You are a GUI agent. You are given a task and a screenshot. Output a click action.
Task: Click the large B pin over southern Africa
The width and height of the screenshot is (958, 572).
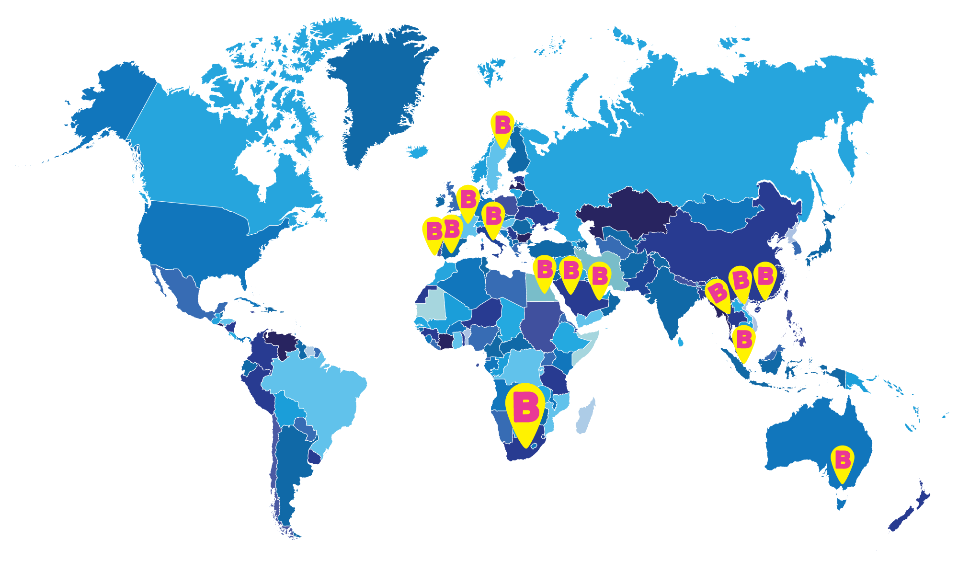click(x=525, y=410)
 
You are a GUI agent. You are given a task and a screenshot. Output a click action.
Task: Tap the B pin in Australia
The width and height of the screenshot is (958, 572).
click(x=843, y=461)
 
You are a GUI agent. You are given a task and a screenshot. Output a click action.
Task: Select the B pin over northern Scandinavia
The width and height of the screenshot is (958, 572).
click(x=502, y=126)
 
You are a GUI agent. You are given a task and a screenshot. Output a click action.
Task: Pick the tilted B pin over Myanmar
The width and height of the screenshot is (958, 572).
click(x=718, y=293)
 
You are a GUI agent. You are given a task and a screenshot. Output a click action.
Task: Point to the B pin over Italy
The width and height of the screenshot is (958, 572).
click(x=493, y=217)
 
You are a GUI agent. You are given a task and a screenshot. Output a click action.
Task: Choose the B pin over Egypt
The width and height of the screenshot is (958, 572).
click(x=545, y=271)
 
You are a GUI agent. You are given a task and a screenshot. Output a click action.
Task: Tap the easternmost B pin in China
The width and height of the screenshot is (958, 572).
click(x=765, y=277)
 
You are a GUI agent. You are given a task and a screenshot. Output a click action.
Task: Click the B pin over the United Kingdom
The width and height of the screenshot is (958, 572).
click(x=468, y=200)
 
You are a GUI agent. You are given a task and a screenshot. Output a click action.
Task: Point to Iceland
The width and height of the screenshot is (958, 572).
click(x=417, y=151)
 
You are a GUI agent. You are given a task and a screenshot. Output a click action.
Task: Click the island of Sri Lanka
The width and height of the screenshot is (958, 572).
click(x=681, y=341)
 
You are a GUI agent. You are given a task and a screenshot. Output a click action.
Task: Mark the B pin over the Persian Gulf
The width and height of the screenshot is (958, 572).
click(x=600, y=277)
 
